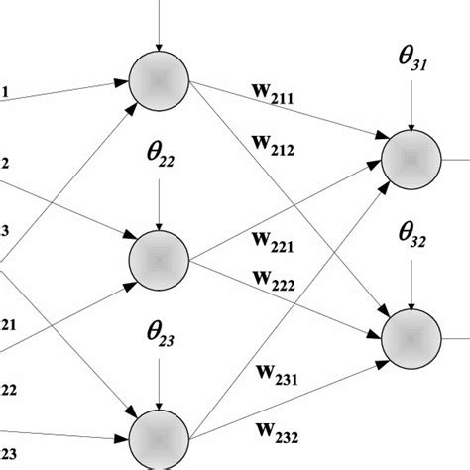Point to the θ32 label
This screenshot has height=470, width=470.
point(412,237)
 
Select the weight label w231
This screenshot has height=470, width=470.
point(281,378)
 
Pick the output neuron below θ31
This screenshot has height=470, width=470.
point(412,157)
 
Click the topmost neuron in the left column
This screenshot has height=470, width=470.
point(159,80)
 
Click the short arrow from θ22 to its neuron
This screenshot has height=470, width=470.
point(159,211)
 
